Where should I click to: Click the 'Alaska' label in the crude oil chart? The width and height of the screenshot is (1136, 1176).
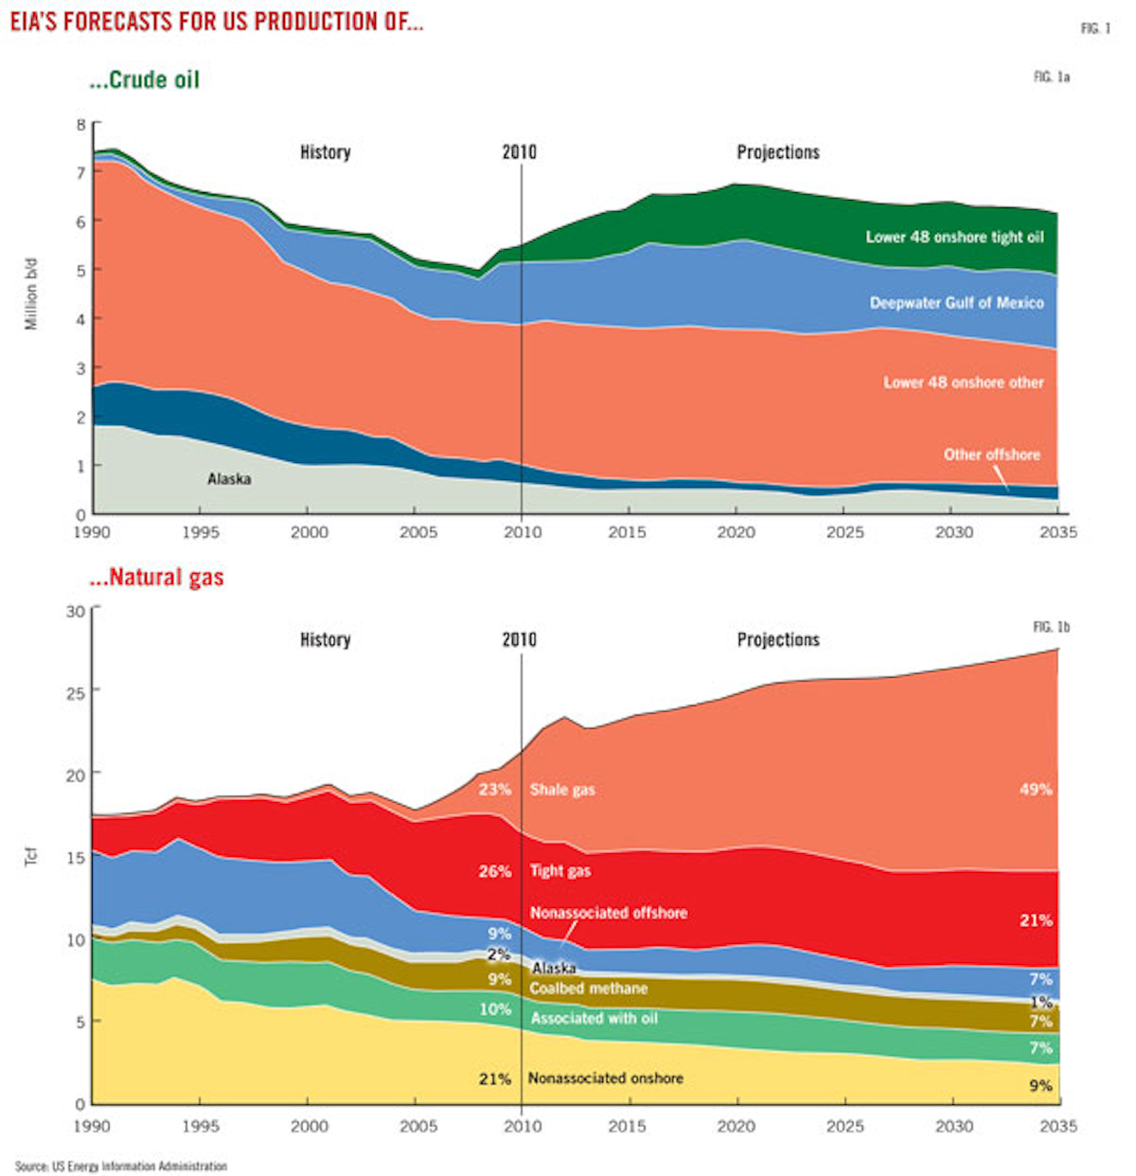pyautogui.click(x=229, y=479)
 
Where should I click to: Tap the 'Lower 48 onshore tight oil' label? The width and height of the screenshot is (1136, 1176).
pyautogui.click(x=954, y=237)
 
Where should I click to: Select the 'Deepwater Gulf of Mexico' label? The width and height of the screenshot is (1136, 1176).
pyautogui.click(x=956, y=303)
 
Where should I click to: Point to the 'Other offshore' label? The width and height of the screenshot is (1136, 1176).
pyautogui.click(x=991, y=454)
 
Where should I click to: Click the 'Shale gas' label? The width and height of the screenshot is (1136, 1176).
pyautogui.click(x=562, y=790)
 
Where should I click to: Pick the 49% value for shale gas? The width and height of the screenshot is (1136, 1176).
pyautogui.click(x=1036, y=790)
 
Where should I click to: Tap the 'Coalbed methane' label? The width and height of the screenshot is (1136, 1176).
pyautogui.click(x=588, y=989)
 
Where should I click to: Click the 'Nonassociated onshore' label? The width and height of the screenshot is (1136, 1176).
pyautogui.click(x=605, y=1078)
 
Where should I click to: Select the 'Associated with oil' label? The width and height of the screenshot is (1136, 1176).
pyautogui.click(x=594, y=1019)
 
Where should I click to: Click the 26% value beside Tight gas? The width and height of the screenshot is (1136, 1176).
pyautogui.click(x=494, y=871)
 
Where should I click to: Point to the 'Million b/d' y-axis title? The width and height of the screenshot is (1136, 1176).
pyautogui.click(x=31, y=293)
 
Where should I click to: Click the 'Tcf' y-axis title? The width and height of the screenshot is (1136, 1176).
pyautogui.click(x=31, y=857)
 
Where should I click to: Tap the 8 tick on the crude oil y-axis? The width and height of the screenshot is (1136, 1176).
pyautogui.click(x=81, y=124)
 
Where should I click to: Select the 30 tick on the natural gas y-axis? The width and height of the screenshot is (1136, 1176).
pyautogui.click(x=76, y=612)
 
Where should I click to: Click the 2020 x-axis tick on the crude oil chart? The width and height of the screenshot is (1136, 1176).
pyautogui.click(x=736, y=532)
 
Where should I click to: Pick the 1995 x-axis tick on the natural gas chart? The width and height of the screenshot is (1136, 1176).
pyautogui.click(x=200, y=1126)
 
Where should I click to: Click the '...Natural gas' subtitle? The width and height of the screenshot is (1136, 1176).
pyautogui.click(x=157, y=578)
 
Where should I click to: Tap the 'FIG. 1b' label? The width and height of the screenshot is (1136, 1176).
pyautogui.click(x=1051, y=628)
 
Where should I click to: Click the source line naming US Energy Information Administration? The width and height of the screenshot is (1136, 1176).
pyautogui.click(x=121, y=1167)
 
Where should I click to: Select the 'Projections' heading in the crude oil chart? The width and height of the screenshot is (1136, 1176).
pyautogui.click(x=778, y=152)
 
